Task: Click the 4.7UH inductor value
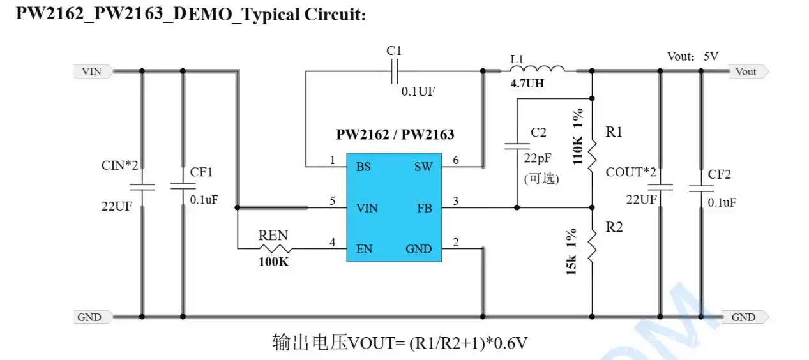527,84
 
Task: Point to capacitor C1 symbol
395,71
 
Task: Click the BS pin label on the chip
363,167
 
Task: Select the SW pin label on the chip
423,167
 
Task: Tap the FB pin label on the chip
424,207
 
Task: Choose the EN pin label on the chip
364,249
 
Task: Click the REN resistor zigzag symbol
274,248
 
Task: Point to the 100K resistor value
273,261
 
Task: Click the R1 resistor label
614,132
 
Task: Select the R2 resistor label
614,227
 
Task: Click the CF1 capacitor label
201,172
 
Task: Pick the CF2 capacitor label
720,174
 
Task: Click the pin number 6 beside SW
455,161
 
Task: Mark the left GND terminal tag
91,317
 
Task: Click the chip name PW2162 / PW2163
395,135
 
